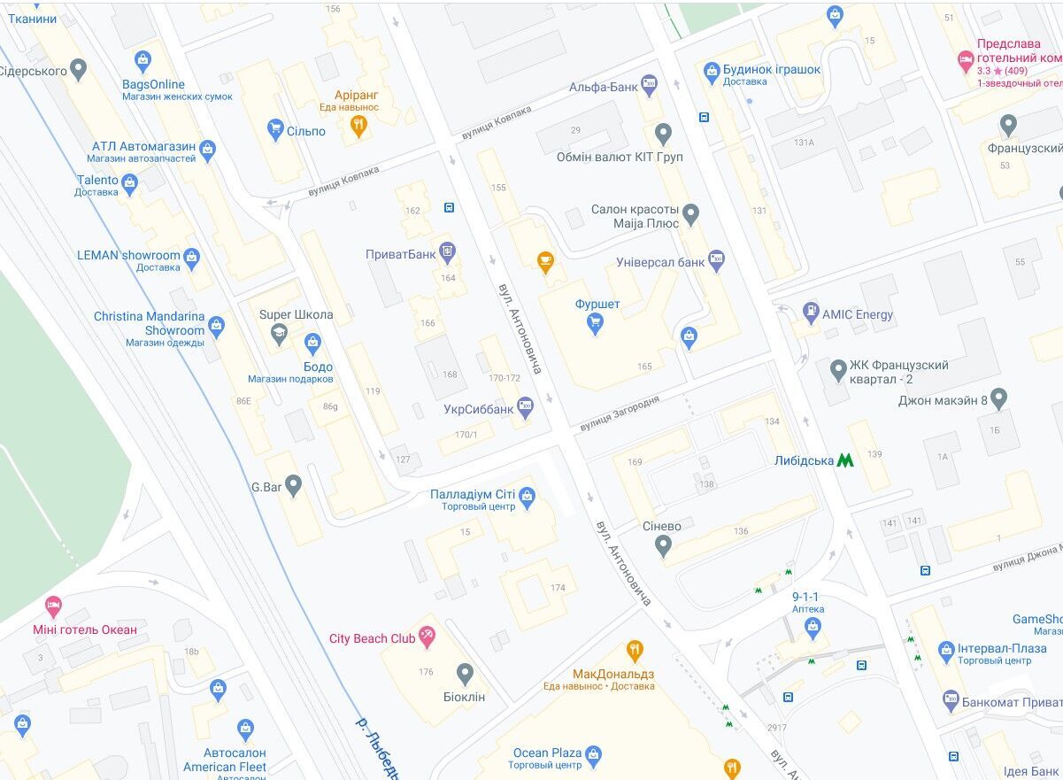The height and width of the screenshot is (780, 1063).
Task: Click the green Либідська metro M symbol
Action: (x=844, y=460)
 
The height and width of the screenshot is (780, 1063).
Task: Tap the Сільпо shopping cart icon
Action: (x=275, y=130)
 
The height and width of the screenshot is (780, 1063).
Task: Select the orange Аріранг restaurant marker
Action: (x=358, y=127)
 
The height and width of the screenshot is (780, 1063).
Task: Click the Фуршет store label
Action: (x=597, y=305)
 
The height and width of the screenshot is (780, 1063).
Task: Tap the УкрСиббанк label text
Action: (x=479, y=409)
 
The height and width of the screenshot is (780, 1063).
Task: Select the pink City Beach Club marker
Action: (x=428, y=635)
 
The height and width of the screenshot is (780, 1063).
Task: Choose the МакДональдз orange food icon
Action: (x=635, y=652)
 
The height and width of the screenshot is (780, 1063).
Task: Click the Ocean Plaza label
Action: (x=547, y=753)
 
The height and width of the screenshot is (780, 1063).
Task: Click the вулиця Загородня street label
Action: (x=620, y=413)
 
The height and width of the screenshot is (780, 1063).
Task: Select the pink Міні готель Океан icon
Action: (x=53, y=606)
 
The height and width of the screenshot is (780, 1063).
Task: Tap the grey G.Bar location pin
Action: (x=293, y=484)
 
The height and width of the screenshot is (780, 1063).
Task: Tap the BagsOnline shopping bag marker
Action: (x=143, y=60)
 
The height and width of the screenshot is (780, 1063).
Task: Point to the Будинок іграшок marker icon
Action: (x=711, y=70)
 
